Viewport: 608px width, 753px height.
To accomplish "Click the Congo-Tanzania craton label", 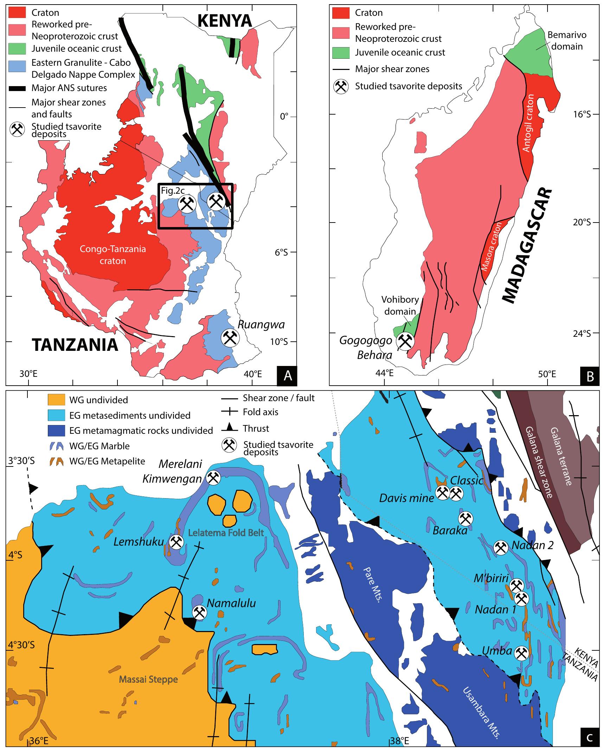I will (113, 255).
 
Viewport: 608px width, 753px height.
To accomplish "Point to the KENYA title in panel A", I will (225, 21).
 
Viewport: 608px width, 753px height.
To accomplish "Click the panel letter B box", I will (590, 376).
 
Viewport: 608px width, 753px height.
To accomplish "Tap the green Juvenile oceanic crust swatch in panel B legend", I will (341, 52).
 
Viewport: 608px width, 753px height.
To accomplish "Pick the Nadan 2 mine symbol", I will (500, 557).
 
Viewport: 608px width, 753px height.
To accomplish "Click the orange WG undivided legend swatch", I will (56, 400).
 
